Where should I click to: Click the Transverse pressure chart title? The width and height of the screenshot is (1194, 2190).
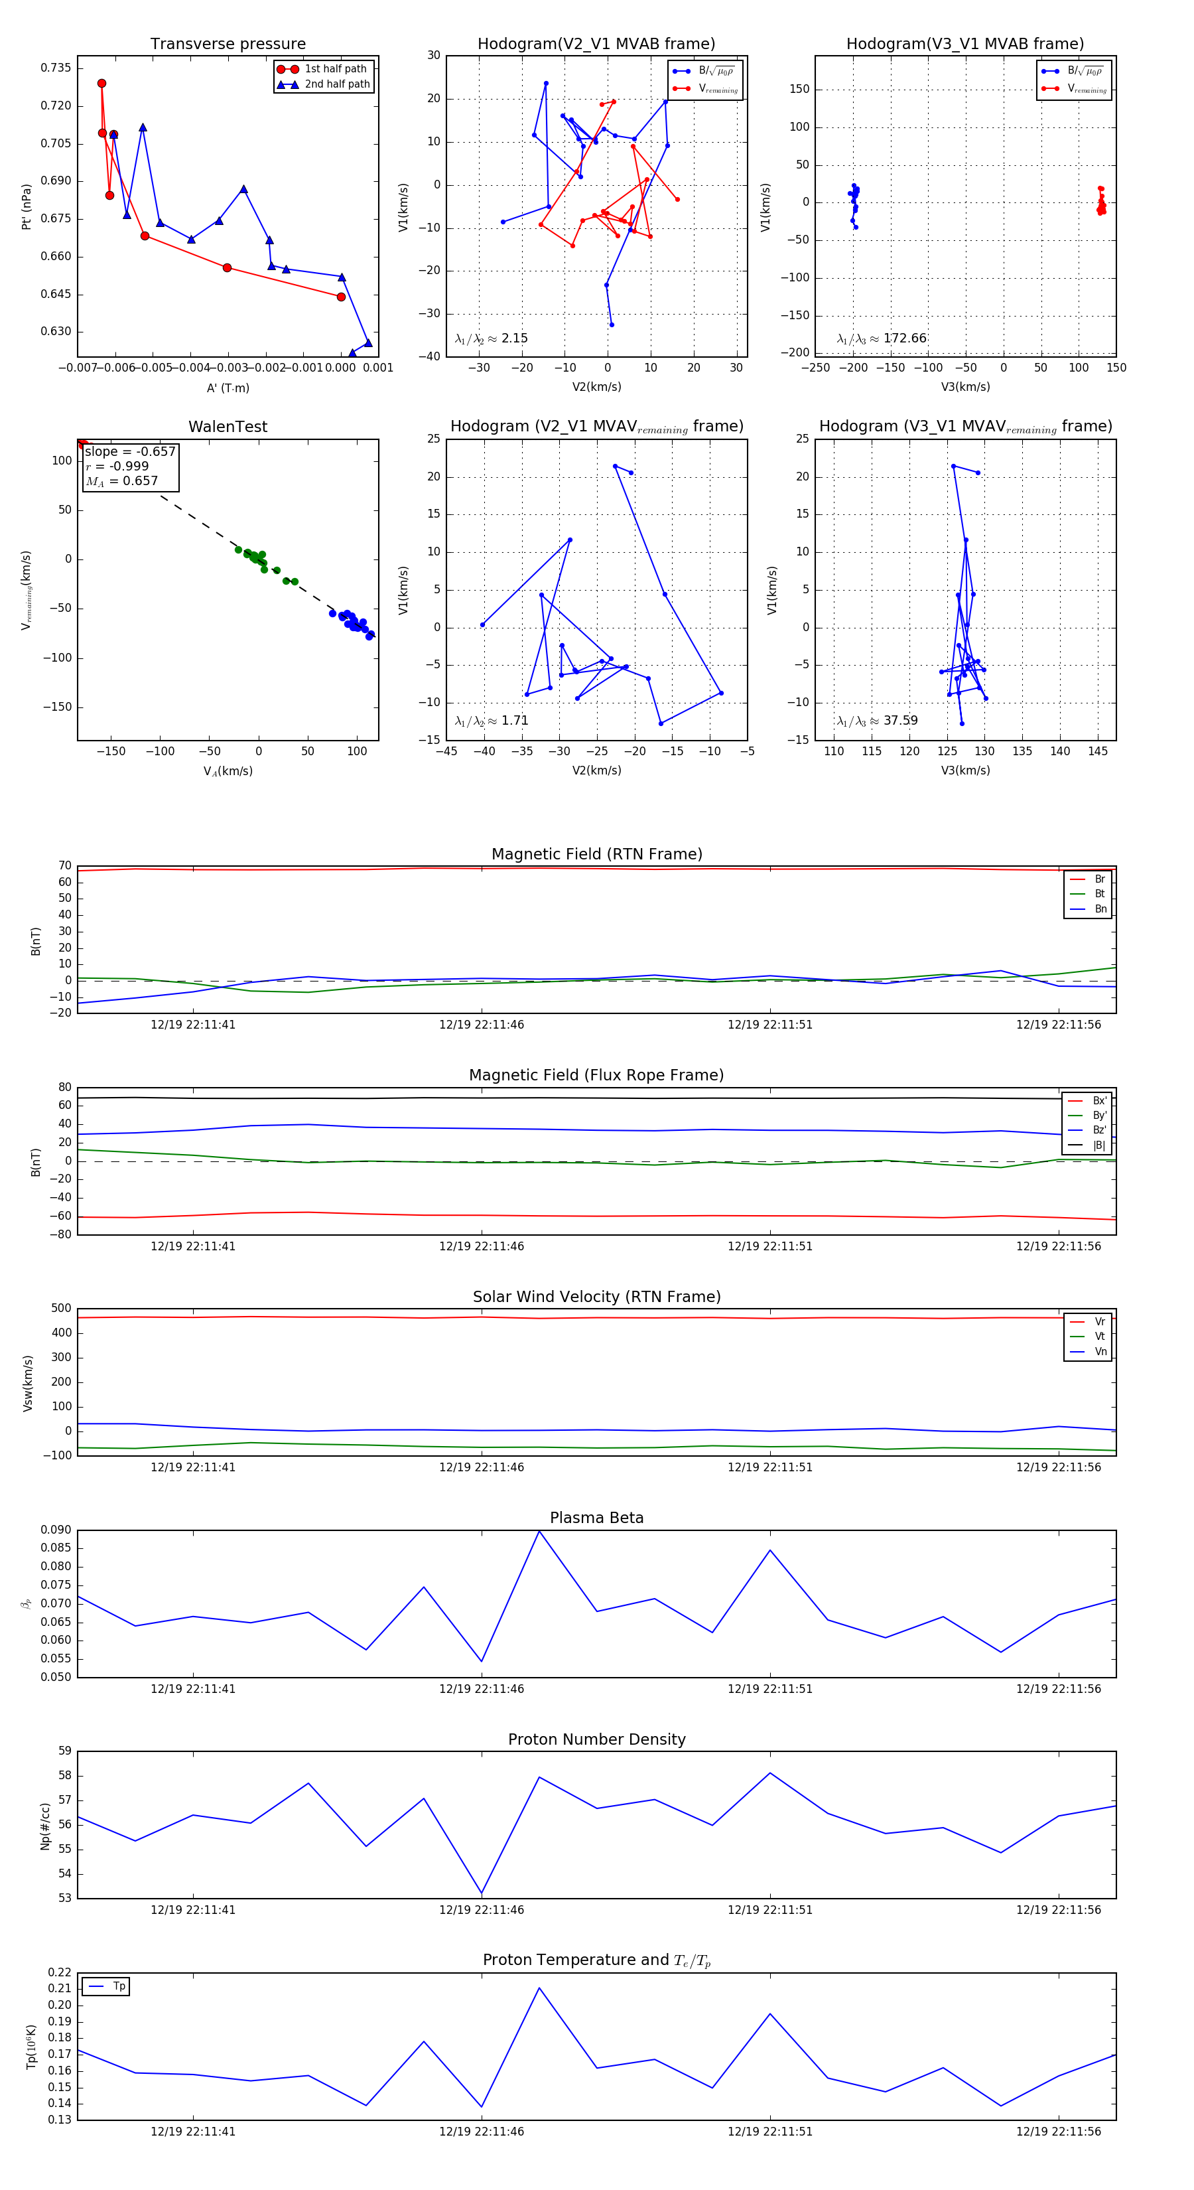tap(228, 44)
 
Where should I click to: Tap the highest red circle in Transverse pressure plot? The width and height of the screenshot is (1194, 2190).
tap(102, 84)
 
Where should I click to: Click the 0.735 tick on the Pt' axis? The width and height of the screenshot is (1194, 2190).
tap(56, 68)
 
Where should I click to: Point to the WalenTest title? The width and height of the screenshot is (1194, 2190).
tap(228, 427)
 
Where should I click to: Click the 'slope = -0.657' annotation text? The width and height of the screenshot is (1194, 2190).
tap(130, 451)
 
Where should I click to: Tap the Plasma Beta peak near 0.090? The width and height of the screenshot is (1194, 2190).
tap(539, 1531)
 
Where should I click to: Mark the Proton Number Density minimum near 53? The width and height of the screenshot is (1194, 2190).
tap(482, 1893)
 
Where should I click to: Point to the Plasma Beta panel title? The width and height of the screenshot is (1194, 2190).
tap(596, 1518)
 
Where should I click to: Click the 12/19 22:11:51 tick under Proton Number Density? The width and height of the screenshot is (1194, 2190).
tap(770, 1909)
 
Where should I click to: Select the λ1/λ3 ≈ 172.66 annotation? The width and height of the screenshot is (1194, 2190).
tap(882, 338)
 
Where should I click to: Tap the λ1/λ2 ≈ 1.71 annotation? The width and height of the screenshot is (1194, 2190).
tap(492, 721)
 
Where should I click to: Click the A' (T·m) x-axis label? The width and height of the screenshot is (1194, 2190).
tap(228, 388)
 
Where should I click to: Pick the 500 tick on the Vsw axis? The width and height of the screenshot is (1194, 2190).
tap(61, 1309)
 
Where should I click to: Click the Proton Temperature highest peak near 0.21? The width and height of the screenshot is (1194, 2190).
tap(539, 1988)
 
